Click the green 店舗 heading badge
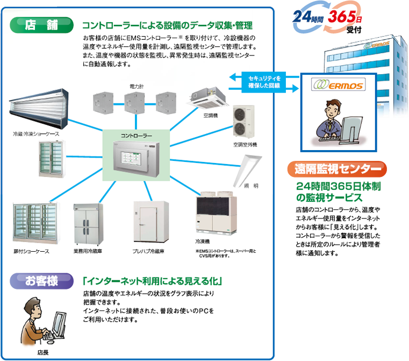coord(40,24)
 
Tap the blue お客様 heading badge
coord(40,280)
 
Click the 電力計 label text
coord(137,86)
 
